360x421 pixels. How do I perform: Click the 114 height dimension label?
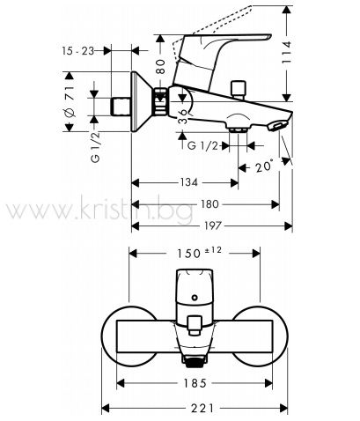tap(286, 53)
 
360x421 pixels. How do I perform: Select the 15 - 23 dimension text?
tap(78, 51)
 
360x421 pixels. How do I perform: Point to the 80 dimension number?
tap(160, 67)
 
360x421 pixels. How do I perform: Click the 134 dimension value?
tap(188, 182)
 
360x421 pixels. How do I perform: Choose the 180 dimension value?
tap(209, 204)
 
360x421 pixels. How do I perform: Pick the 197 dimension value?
tap(212, 225)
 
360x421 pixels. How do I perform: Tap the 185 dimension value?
tap(195, 383)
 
